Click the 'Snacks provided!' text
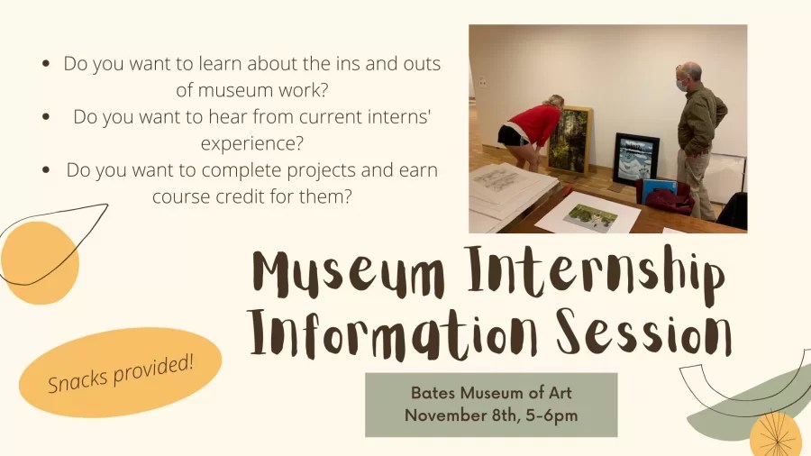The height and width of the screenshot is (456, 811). [x=121, y=372]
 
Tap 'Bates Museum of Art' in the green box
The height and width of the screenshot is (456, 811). [x=491, y=393]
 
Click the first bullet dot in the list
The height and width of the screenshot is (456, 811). [x=46, y=66]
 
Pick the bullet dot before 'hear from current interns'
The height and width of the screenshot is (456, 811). [x=46, y=118]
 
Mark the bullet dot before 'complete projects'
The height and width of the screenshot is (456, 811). [x=46, y=170]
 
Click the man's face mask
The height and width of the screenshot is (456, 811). [x=682, y=86]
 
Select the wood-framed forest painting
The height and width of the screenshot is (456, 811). [x=569, y=139]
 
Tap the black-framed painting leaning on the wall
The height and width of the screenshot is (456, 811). [x=636, y=159]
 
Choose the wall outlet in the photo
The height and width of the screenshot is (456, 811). [x=482, y=82]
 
